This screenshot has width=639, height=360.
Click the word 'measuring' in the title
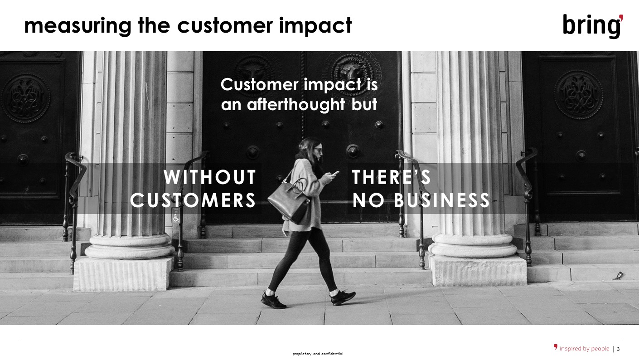point(77,26)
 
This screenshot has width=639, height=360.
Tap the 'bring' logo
point(593,26)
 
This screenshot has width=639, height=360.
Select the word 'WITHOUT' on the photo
point(210,177)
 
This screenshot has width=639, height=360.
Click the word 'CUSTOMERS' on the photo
point(193,200)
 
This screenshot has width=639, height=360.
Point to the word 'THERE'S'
point(391,177)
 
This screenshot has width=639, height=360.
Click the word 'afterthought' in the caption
point(296,104)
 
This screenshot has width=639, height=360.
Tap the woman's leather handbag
point(288,200)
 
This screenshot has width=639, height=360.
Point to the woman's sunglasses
point(317,150)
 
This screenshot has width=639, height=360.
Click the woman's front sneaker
point(343,298)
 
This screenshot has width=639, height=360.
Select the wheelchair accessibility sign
point(176,219)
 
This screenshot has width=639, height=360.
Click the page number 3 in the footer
point(618,349)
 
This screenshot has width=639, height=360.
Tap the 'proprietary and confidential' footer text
point(318,354)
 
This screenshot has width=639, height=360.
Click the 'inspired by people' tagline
point(584,349)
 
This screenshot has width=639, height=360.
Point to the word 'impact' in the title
point(315,26)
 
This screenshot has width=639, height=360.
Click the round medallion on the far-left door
point(25,98)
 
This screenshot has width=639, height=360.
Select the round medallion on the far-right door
point(579,94)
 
